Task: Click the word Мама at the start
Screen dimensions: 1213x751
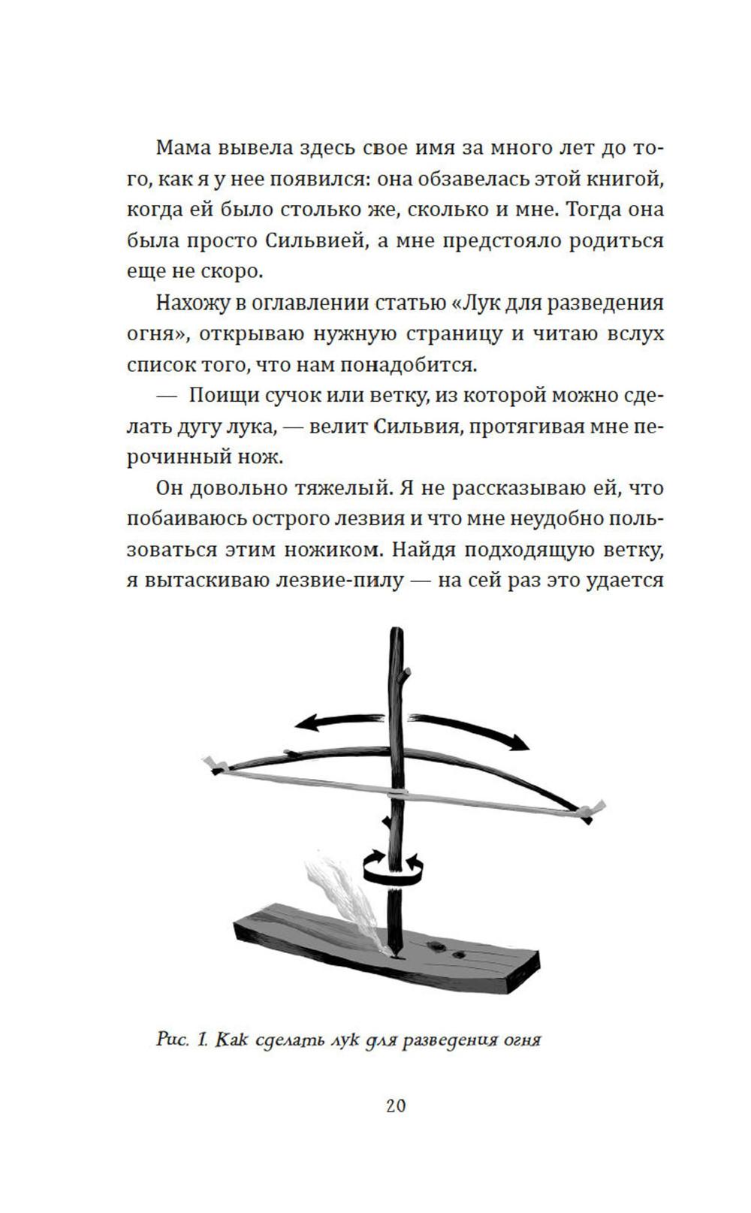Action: tap(182, 147)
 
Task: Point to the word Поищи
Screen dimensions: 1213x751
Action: tap(219, 395)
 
